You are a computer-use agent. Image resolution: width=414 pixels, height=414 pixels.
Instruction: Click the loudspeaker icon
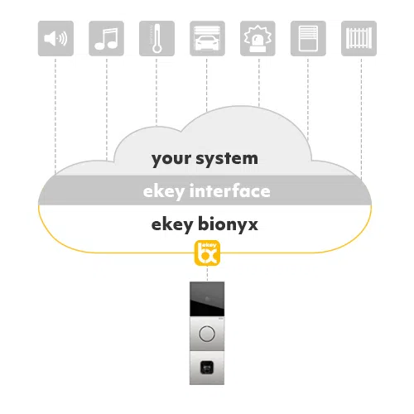tap(55, 38)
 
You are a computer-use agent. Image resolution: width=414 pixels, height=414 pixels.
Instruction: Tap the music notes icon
tap(106, 38)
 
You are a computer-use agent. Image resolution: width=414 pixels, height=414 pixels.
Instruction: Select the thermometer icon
tap(156, 38)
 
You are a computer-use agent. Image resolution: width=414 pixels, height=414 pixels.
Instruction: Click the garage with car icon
tap(207, 38)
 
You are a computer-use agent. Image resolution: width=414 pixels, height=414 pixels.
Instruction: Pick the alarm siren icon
tap(258, 38)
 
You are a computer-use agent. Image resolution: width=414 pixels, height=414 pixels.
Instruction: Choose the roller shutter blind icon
tap(308, 38)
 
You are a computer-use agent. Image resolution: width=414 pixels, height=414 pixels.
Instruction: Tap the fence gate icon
tap(359, 38)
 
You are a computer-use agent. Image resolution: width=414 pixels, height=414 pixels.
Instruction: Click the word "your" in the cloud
tap(171, 160)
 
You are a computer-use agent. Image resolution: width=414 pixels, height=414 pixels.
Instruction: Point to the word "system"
tap(227, 159)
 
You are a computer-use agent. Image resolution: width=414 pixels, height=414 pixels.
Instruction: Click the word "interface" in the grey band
tap(230, 191)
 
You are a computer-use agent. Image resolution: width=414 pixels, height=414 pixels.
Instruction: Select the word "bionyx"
tap(229, 224)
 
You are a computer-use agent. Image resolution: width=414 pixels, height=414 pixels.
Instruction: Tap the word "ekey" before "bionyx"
tap(172, 225)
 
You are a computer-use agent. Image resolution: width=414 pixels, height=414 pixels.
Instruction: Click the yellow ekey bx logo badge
tap(207, 253)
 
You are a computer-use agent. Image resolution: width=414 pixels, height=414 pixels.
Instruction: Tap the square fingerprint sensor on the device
tap(207, 368)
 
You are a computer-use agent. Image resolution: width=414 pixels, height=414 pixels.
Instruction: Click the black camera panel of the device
tap(207, 299)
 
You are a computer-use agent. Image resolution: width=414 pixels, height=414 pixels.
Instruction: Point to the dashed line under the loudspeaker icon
tap(55, 116)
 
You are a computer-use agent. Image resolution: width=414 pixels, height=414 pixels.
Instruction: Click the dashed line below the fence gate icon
tap(361, 118)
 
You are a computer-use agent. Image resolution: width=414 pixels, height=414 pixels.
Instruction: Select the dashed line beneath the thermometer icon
tap(156, 92)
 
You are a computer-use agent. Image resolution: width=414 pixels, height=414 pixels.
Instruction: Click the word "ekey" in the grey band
tap(164, 192)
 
